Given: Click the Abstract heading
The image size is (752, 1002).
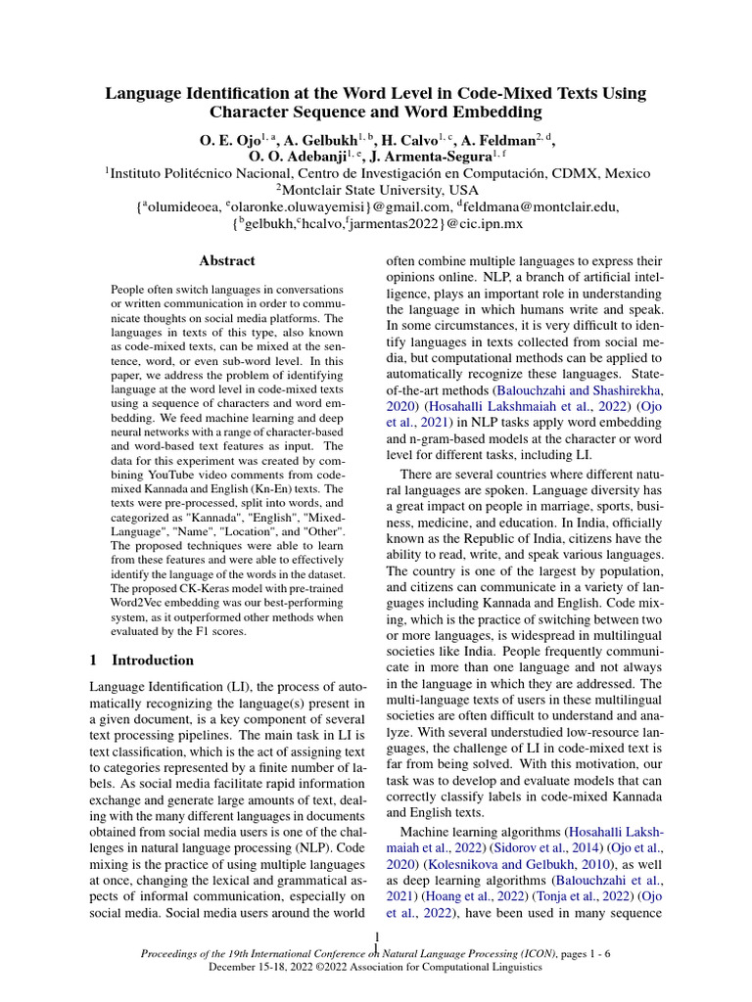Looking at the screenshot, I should coord(226,261).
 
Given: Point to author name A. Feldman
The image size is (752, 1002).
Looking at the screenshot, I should coord(504,141).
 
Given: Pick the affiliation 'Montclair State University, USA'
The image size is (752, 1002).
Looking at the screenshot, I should coord(381,191).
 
